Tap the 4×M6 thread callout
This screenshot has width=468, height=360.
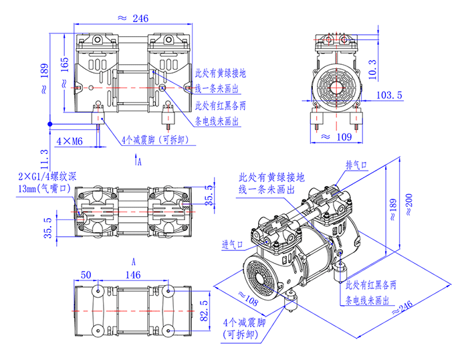point(69,141)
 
